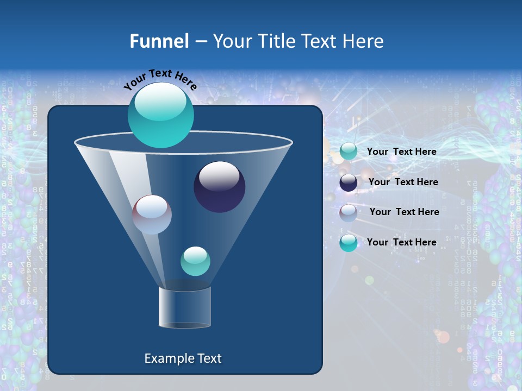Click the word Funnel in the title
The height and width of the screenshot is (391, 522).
[159, 41]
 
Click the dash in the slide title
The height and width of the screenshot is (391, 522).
[201, 42]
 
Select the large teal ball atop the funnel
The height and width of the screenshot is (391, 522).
[161, 115]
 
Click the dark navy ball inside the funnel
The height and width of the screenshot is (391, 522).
[219, 187]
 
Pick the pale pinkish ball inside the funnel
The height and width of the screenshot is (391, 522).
[152, 215]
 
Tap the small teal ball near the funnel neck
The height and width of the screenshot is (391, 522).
[195, 261]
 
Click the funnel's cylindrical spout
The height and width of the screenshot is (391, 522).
[185, 307]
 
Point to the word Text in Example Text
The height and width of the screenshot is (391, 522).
[209, 358]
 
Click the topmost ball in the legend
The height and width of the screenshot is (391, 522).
[349, 152]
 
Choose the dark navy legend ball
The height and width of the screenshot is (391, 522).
[349, 182]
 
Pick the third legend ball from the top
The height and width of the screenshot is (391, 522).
[349, 212]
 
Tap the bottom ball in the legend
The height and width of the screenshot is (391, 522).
[349, 243]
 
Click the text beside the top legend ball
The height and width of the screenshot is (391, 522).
[401, 152]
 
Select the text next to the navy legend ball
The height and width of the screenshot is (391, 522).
[403, 182]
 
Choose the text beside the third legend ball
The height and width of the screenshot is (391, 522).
[404, 212]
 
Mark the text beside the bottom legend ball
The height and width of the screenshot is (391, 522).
[401, 242]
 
